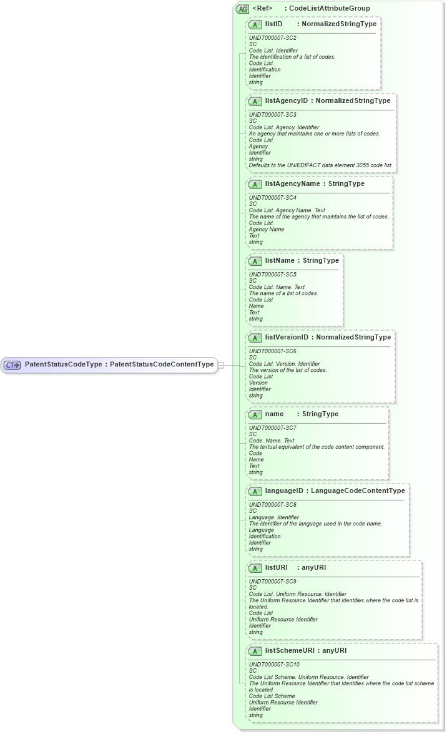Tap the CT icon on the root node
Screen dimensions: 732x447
(x=12, y=364)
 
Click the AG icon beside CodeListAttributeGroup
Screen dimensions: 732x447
(x=242, y=9)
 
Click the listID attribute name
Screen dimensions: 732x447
(x=273, y=24)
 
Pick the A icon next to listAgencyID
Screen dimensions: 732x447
(x=255, y=101)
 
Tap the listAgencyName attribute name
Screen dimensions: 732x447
(x=292, y=184)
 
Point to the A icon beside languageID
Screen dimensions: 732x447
(x=255, y=491)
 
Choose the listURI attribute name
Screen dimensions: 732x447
(x=276, y=568)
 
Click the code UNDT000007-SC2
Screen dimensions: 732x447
(x=273, y=38)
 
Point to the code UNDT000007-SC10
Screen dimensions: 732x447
(x=274, y=665)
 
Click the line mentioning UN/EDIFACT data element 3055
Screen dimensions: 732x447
(x=321, y=165)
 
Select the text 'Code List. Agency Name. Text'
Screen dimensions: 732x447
(x=287, y=210)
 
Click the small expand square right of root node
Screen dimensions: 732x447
(x=220, y=364)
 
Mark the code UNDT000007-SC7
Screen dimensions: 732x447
(x=273, y=427)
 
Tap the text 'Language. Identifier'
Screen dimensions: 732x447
(x=273, y=517)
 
